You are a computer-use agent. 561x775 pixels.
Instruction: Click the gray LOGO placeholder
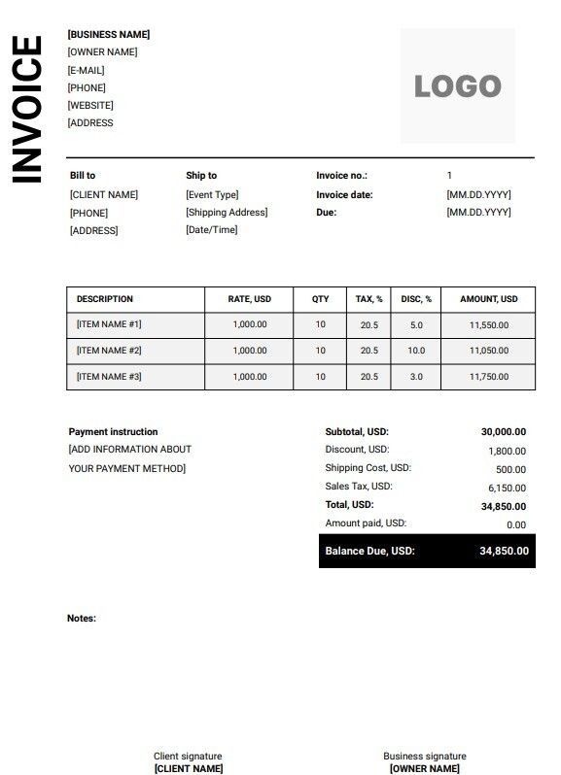point(458,85)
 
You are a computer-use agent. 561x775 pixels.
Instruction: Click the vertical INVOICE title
point(27,109)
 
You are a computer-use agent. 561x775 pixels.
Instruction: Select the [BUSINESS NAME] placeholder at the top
point(109,35)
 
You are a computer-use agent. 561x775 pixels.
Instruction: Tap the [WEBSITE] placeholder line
point(90,105)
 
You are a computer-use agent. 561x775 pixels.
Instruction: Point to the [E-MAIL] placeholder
point(86,70)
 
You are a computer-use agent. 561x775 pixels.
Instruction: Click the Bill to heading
point(83,176)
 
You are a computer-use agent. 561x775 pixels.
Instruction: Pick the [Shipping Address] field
point(227,212)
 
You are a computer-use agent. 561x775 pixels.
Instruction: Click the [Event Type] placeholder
point(212,194)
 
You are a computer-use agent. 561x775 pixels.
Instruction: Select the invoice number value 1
point(449,176)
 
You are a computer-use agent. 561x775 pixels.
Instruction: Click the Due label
point(327,212)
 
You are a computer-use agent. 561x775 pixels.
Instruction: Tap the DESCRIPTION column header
point(105,299)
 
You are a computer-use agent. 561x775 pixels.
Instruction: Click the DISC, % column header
point(416,299)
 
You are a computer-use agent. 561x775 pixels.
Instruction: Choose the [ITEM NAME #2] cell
point(109,351)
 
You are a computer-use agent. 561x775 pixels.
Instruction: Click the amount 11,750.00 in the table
point(488,377)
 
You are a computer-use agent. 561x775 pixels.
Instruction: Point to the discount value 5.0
point(416,325)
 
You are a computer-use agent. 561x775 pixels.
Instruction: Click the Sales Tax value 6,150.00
point(507,489)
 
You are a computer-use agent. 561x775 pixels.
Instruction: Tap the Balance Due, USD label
point(369,551)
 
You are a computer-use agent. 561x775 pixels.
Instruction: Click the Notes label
point(82,618)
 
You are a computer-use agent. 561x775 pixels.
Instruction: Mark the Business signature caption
point(424,756)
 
